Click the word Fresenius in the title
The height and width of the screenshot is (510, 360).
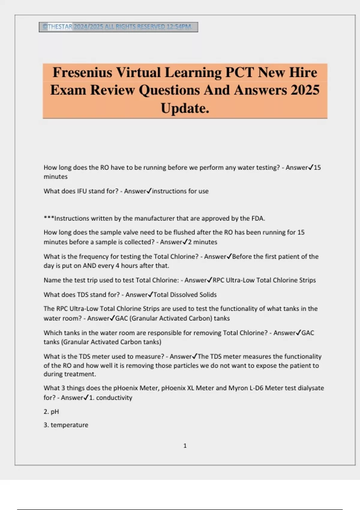[82, 73]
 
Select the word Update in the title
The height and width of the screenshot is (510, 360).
[183, 108]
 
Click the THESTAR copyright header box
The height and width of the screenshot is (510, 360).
[118, 27]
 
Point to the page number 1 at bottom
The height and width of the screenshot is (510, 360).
[185, 446]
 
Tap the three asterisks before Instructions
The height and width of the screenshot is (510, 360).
[49, 218]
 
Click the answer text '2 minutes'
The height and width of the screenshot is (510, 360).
[202, 242]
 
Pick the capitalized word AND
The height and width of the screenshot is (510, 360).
[89, 265]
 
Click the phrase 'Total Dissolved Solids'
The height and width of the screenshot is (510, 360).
[185, 295]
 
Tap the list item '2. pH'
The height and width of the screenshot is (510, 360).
[51, 412]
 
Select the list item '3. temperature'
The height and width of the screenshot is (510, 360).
[66, 425]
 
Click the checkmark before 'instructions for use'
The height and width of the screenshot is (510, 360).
[149, 191]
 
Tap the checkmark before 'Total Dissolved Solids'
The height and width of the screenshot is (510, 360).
[150, 294]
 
